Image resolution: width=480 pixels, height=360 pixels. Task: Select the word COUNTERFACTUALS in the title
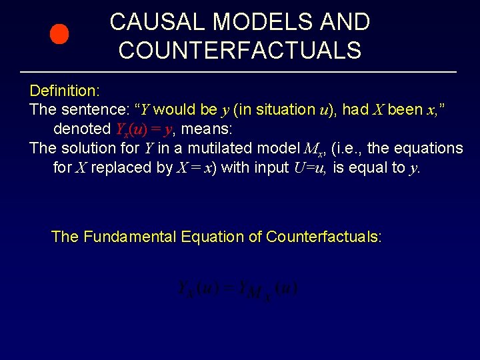[240, 50]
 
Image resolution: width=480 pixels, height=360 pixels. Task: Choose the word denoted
[82, 129]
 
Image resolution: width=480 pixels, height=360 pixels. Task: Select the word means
[209, 129]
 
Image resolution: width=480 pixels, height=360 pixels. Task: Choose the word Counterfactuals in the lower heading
[323, 237]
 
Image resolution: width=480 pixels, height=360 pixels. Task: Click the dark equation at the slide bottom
[238, 289]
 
